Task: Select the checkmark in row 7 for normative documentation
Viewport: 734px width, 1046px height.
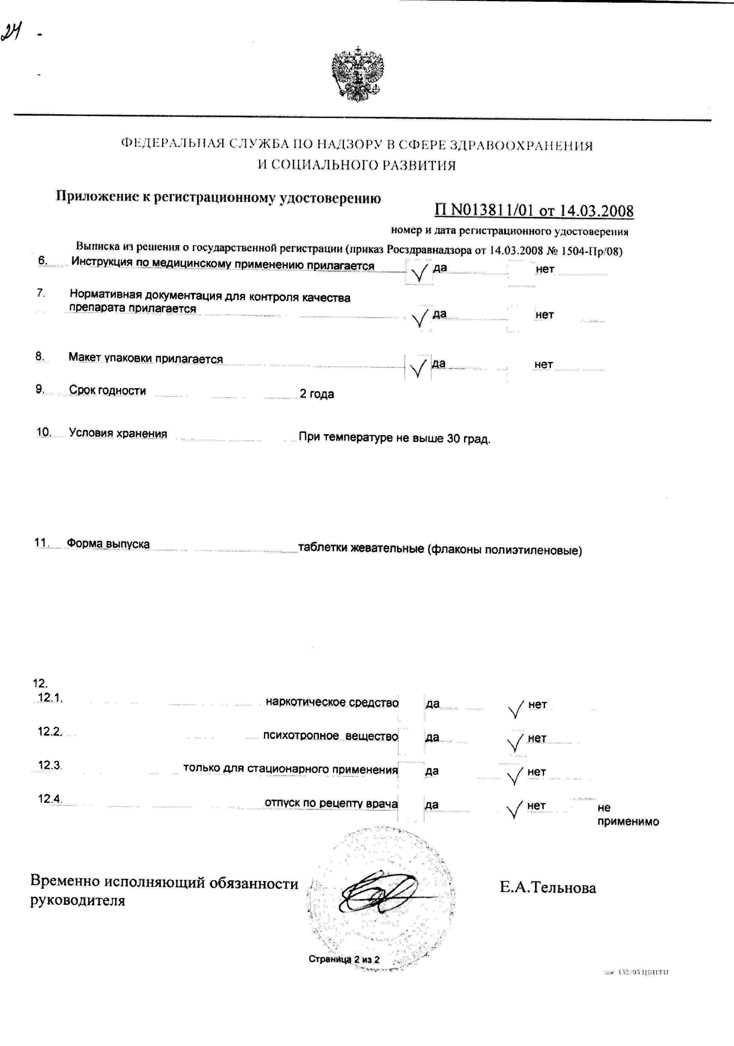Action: coord(419,319)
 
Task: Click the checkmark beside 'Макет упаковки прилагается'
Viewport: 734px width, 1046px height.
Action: coord(418,368)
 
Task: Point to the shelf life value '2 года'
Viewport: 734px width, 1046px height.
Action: coord(317,394)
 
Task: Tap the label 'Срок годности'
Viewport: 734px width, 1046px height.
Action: coord(107,390)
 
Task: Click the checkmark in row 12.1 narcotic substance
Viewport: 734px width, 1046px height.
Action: coord(515,709)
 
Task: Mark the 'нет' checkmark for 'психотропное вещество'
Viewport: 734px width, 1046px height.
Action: coord(515,743)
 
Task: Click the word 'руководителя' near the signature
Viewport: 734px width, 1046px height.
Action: coord(77,901)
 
